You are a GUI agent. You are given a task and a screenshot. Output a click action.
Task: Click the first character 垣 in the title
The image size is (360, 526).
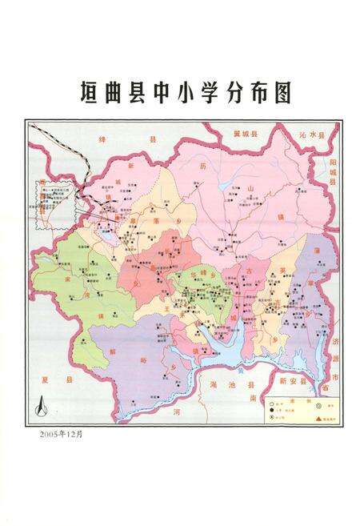90,93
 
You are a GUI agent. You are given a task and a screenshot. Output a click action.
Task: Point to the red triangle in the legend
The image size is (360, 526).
318,419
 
